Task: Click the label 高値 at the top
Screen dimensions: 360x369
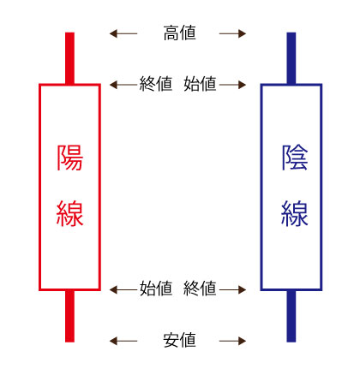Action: click(179, 33)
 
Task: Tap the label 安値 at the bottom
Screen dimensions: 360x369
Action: click(179, 340)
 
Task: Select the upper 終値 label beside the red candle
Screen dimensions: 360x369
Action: click(156, 84)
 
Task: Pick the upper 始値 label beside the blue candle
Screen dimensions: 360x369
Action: click(200, 84)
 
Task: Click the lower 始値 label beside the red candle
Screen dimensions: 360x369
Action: click(156, 288)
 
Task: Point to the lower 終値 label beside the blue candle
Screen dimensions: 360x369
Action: click(200, 288)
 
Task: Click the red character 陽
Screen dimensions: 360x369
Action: click(70, 158)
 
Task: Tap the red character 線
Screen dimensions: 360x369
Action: click(70, 213)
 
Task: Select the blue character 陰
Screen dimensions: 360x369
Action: click(295, 158)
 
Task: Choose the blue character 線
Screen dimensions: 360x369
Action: click(295, 213)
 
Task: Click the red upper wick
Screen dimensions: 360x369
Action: click(69, 58)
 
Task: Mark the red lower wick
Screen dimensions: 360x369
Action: click(69, 316)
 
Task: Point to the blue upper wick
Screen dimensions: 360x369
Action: click(291, 58)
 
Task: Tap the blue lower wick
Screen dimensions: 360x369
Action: click(291, 316)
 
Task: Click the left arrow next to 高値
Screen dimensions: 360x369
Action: click(123, 33)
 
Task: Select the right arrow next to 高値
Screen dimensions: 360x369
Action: click(232, 33)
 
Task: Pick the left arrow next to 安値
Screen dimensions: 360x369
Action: click(123, 341)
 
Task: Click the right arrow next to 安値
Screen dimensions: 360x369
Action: click(232, 341)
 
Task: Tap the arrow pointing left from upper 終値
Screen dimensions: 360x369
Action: click(124, 85)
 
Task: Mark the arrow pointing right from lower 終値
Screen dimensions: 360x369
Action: click(231, 289)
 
